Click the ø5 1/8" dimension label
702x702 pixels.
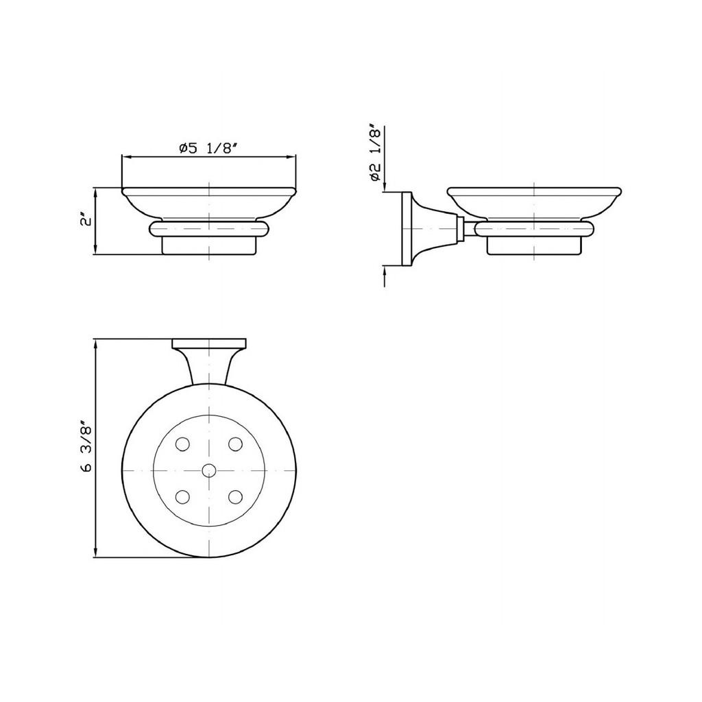pos(207,148)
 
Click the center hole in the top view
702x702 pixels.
pos(208,470)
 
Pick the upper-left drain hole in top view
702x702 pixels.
pos(182,444)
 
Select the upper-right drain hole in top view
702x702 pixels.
pos(235,444)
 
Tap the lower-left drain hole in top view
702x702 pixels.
pos(182,497)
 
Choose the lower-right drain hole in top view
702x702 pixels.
pos(235,497)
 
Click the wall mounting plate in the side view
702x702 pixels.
pos(407,229)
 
